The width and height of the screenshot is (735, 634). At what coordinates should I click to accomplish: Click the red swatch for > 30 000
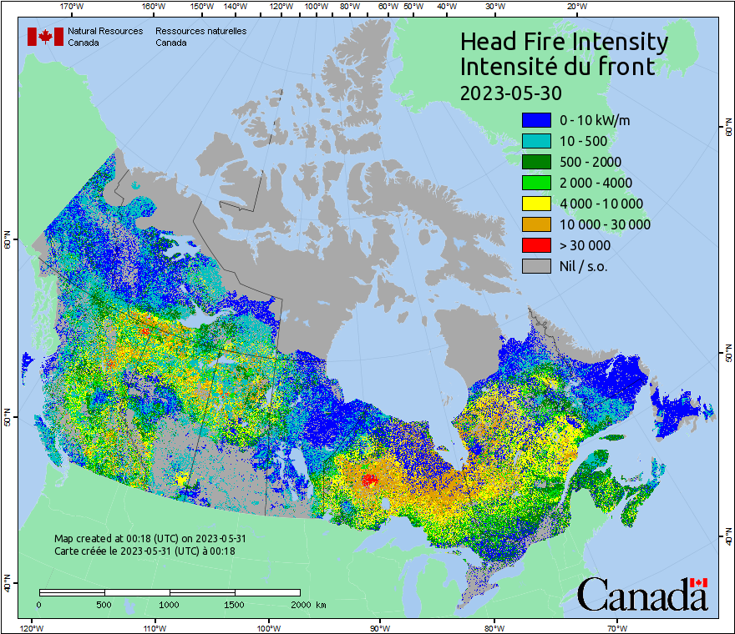[536, 245]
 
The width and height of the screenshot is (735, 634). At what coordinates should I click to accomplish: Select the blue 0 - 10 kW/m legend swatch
[536, 120]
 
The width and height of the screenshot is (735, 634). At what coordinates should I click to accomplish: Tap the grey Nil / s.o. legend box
[536, 266]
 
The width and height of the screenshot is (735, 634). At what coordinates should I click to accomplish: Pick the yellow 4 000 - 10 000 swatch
[536, 204]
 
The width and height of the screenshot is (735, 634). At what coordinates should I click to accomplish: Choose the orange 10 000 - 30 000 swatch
[536, 224]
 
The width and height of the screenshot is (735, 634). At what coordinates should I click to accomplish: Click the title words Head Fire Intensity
[564, 42]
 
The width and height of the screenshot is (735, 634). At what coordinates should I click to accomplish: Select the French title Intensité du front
[558, 67]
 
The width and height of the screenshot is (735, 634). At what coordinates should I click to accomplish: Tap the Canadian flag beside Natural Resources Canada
[45, 37]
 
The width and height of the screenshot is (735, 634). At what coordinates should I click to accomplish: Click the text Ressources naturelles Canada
[200, 37]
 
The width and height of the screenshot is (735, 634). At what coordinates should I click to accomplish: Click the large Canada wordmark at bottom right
[642, 595]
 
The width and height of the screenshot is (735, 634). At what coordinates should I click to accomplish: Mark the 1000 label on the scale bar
[170, 604]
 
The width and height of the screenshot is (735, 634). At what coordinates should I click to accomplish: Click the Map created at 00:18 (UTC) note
[150, 539]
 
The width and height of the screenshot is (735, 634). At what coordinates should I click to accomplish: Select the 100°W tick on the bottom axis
[269, 626]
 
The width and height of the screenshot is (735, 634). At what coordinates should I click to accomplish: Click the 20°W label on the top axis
[575, 7]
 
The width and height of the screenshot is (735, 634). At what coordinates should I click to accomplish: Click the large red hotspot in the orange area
[368, 480]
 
